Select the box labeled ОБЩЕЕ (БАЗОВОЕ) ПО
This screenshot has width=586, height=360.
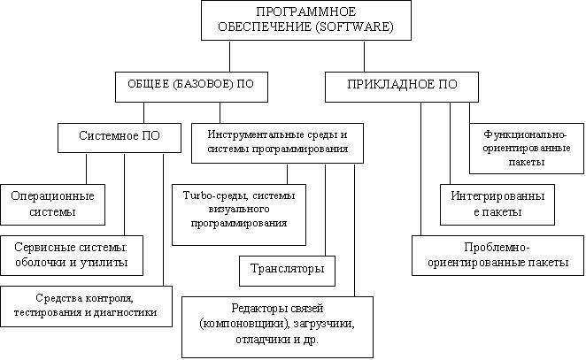point(191,87)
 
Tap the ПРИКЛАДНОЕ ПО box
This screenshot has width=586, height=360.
point(402,87)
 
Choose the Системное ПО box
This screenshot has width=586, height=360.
point(120,138)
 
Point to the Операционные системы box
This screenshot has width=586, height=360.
point(53,204)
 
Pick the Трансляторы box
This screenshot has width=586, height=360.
point(287,271)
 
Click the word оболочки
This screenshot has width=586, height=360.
point(41,263)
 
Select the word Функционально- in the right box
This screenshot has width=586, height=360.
point(525,134)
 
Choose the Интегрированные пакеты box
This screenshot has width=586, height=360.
point(497,204)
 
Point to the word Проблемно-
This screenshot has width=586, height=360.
point(497,247)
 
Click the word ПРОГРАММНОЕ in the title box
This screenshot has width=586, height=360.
point(305,11)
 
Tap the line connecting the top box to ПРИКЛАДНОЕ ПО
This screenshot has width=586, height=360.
point(364,57)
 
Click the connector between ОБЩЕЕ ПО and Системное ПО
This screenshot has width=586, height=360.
point(143,113)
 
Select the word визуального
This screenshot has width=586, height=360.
point(239,209)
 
